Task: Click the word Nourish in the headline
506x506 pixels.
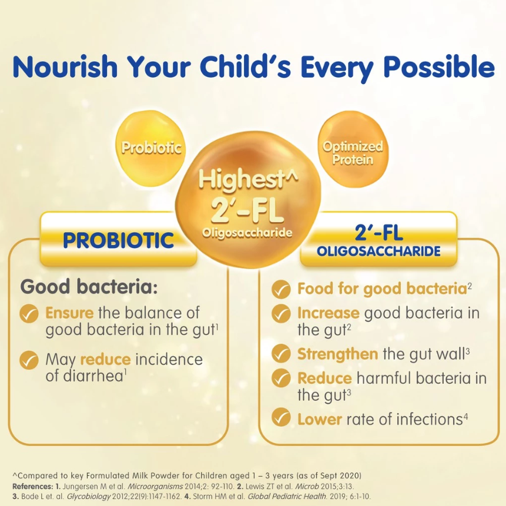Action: (x=65, y=67)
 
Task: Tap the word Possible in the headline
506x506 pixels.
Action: (x=439, y=67)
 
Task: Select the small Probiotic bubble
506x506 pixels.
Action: (x=150, y=149)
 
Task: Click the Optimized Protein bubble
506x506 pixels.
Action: (x=353, y=149)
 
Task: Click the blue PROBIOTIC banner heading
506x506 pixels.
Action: (x=119, y=240)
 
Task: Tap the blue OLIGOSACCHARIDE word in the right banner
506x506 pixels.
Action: (x=378, y=251)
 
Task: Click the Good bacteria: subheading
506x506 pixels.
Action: (x=89, y=287)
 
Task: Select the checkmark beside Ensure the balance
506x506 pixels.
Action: (x=29, y=314)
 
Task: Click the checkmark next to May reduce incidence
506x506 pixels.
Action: (x=29, y=360)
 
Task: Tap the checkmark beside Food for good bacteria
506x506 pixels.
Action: (x=281, y=290)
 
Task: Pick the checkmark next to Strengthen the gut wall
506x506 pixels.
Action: (x=281, y=353)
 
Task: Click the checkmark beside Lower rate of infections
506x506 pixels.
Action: (x=281, y=417)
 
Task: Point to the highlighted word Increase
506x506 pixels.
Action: (x=328, y=313)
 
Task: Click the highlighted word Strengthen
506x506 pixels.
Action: (x=337, y=354)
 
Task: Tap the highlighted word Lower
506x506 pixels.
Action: (x=320, y=419)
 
